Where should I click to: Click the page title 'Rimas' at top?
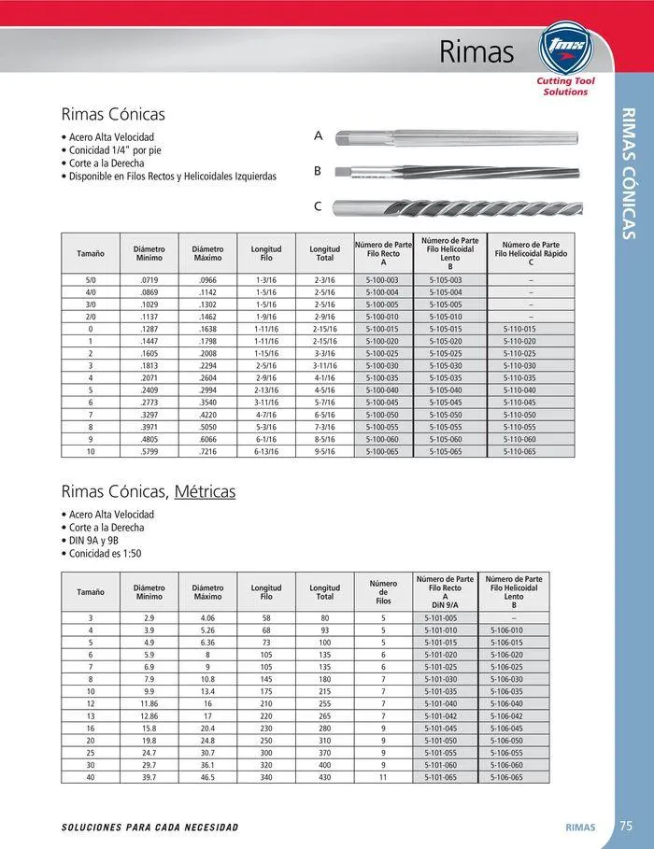point(476,52)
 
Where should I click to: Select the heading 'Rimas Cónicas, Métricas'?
point(149,491)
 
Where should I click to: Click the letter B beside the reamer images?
point(318,172)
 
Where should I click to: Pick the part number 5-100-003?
point(382,280)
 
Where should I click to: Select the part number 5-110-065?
point(519,451)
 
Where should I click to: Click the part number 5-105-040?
point(445,389)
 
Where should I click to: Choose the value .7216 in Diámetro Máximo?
point(207,451)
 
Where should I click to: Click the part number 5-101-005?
point(441,618)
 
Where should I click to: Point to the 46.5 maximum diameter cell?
point(207,777)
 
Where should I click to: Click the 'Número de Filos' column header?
point(383,592)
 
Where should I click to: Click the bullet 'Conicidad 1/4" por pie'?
point(116,149)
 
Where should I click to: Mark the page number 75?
point(626,826)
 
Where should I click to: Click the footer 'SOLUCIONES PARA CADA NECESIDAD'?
point(149,828)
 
